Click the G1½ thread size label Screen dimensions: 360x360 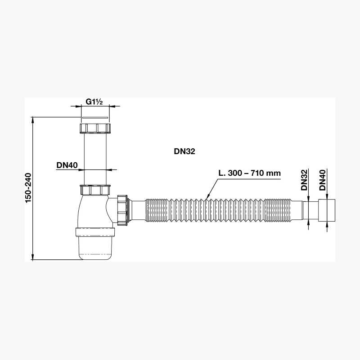coord(94,102)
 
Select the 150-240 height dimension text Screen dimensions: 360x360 coord(28,188)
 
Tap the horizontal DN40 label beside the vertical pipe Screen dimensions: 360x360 coord(67,165)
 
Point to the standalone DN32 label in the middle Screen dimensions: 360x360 coord(184,151)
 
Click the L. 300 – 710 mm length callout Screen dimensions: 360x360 coord(249,173)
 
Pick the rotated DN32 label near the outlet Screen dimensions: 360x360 coord(304,180)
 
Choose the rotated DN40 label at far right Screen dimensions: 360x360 coord(323,180)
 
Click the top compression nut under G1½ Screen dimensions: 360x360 coord(95,128)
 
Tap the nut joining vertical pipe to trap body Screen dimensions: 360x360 coord(95,190)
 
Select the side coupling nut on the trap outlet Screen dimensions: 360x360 coord(122,210)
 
